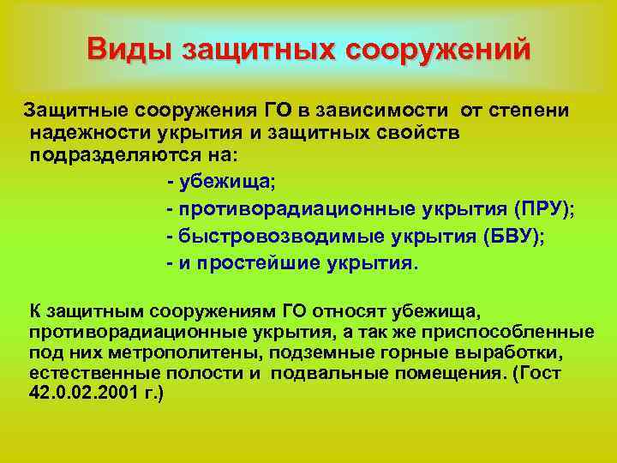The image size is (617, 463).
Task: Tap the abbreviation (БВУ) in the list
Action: pos(513,236)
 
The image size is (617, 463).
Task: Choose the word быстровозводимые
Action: pos(249,236)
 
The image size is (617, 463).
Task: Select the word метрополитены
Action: pos(145,352)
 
